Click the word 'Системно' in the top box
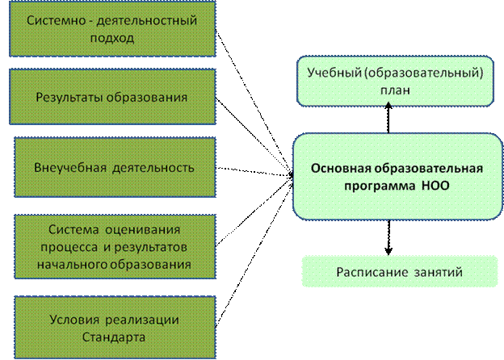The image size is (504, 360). [57, 20]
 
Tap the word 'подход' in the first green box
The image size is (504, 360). [111, 38]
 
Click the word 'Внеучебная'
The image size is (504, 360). [70, 168]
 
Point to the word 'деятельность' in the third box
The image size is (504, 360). [153, 168]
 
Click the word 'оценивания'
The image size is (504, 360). [143, 229]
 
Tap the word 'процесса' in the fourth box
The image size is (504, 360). [69, 247]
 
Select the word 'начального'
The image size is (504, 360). [72, 265]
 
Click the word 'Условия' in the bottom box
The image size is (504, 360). [74, 320]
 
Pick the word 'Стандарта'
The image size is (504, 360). [114, 337]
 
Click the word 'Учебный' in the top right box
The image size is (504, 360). [334, 73]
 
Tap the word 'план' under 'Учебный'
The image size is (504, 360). [395, 90]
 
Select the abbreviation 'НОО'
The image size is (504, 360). [435, 186]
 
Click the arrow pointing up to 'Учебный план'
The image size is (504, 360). [388, 118]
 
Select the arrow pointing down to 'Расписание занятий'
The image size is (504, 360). [388, 237]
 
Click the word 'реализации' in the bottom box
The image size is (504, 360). [142, 320]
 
